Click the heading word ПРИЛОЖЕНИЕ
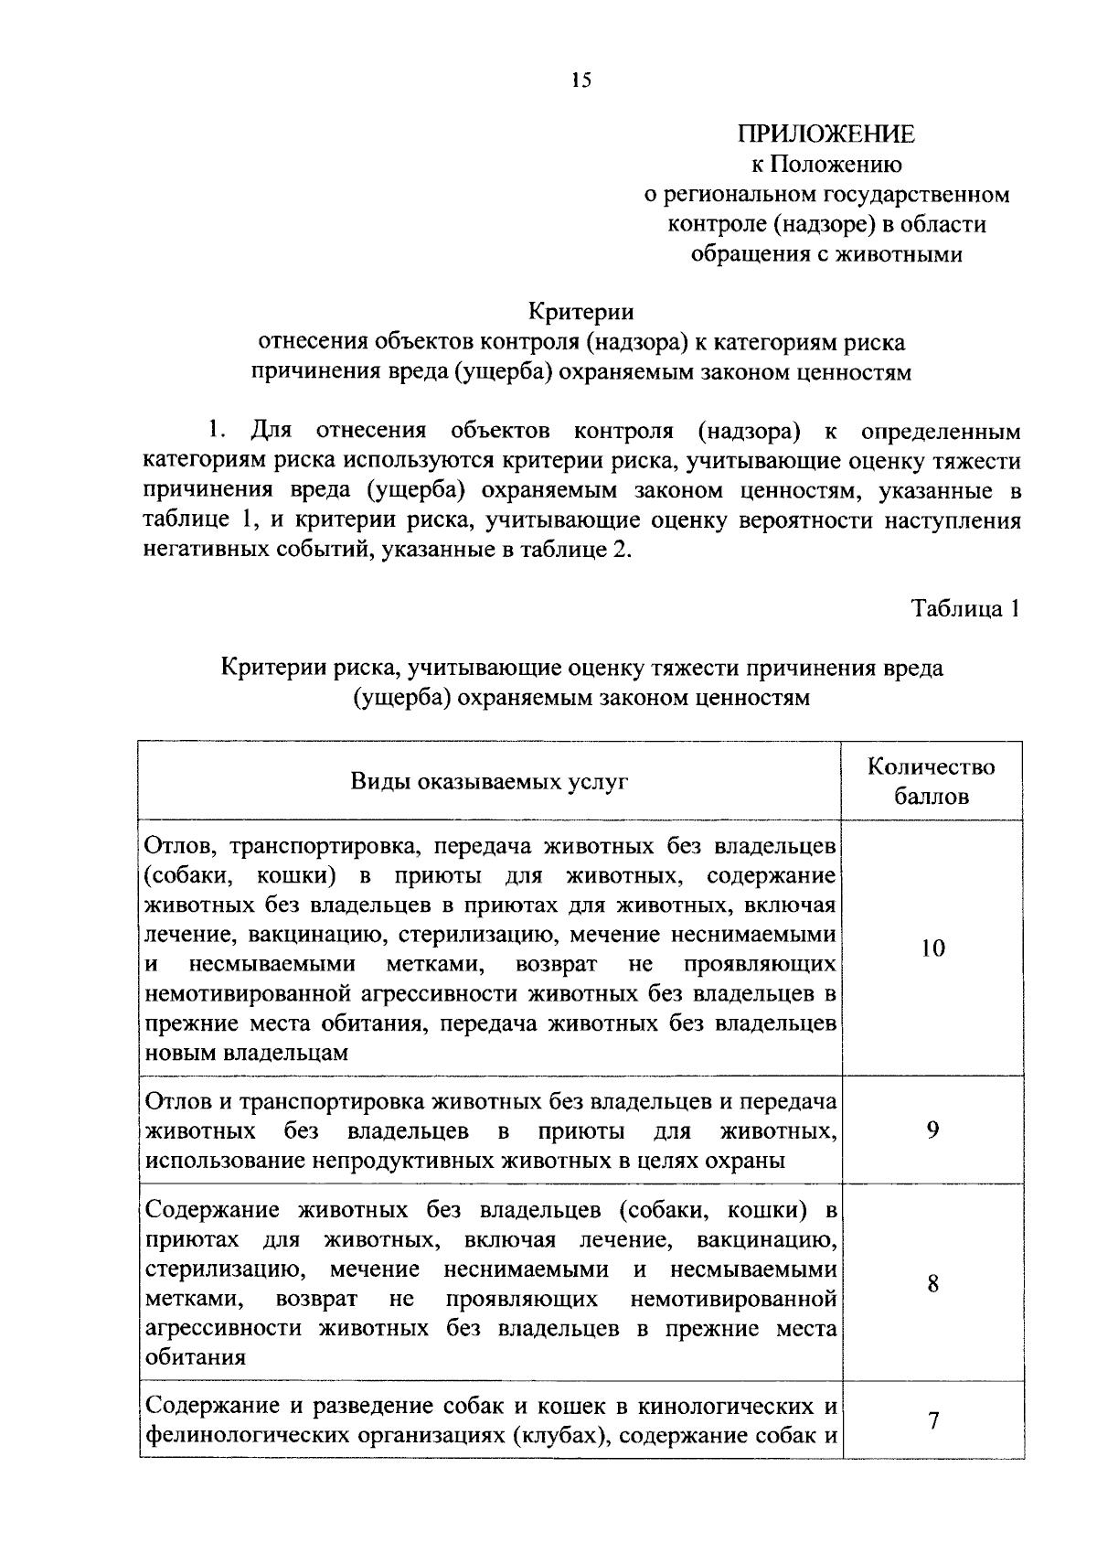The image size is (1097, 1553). tap(826, 134)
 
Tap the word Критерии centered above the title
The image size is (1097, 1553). tap(581, 312)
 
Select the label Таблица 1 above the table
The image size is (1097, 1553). tap(964, 608)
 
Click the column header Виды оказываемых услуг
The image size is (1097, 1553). tap(489, 782)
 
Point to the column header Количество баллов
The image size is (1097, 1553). tap(932, 781)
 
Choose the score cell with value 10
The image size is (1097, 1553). tap(932, 948)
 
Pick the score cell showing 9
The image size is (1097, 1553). tap(932, 1130)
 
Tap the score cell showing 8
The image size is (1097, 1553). tap(932, 1284)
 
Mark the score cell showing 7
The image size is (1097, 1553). tap(932, 1421)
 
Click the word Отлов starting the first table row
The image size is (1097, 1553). tap(177, 845)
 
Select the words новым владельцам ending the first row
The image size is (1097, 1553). tap(247, 1053)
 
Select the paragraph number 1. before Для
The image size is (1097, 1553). tap(217, 431)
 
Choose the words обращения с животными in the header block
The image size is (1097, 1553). tap(826, 253)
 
